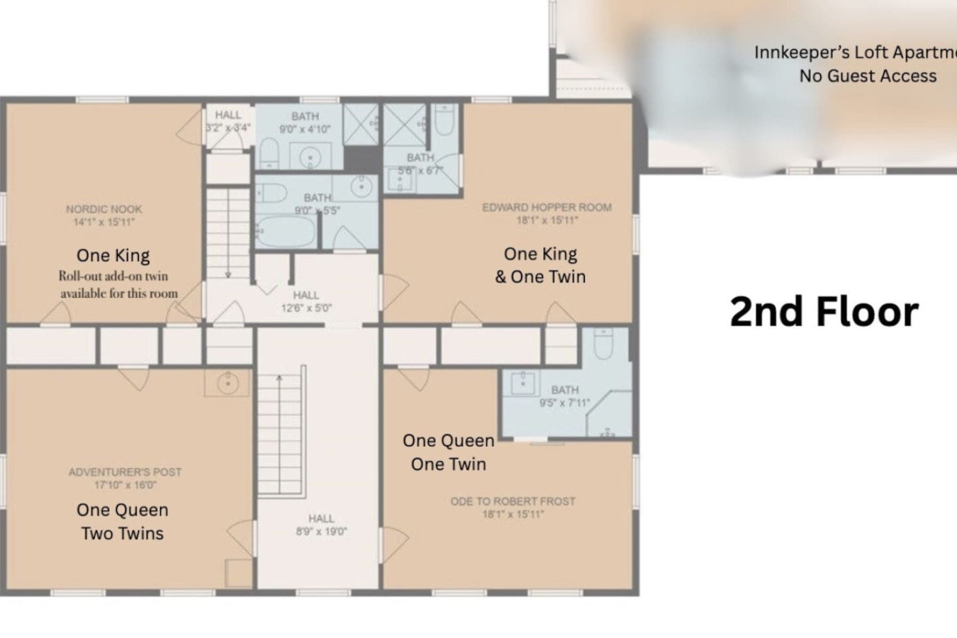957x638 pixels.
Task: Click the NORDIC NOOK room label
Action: click(x=103, y=209)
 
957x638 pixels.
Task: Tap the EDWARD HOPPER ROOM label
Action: click(x=547, y=208)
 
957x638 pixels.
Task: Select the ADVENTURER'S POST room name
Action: click(x=125, y=472)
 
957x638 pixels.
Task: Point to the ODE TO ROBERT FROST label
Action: click(x=513, y=501)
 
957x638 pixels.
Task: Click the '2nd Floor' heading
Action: click(x=824, y=311)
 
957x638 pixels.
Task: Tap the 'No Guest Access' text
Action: click(x=868, y=76)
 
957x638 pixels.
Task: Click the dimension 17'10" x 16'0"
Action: click(x=125, y=486)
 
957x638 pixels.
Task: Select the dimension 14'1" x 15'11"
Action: click(x=103, y=222)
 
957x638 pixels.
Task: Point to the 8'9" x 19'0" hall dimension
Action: click(x=321, y=532)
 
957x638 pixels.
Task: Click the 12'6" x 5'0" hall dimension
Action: click(x=306, y=308)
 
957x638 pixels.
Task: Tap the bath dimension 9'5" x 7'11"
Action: click(x=564, y=403)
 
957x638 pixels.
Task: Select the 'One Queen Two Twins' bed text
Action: click(x=123, y=522)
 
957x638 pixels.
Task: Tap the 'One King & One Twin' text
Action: click(x=540, y=265)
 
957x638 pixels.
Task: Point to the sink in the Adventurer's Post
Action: click(x=227, y=384)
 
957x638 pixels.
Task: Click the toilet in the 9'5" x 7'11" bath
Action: click(x=603, y=344)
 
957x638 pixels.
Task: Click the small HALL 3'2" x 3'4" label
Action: click(x=228, y=121)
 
